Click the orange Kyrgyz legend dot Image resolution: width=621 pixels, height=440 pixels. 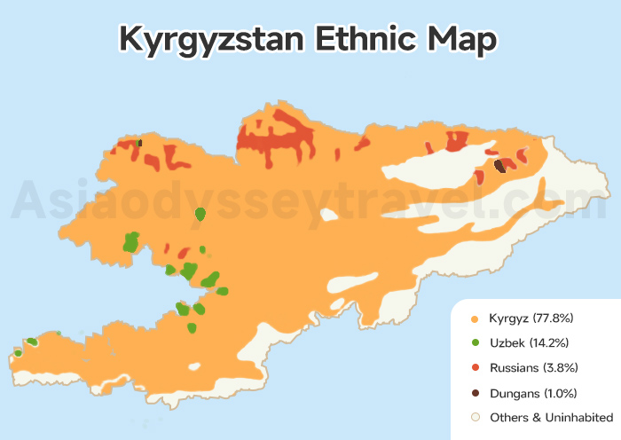coord(476,318)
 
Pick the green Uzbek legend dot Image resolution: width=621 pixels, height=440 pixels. coord(476,342)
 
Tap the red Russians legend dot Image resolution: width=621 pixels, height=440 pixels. coord(476,367)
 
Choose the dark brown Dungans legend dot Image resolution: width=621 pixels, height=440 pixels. coord(476,392)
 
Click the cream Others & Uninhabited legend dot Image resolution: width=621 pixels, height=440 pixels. coord(476,417)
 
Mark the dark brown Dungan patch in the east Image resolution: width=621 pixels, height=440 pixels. coord(499,166)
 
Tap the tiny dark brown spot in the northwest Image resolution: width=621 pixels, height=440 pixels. coord(139,142)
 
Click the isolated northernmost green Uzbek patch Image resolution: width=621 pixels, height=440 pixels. coord(200,214)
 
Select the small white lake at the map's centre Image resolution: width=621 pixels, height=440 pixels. coord(330,214)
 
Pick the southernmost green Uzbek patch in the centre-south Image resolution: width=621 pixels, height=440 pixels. coord(192,328)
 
